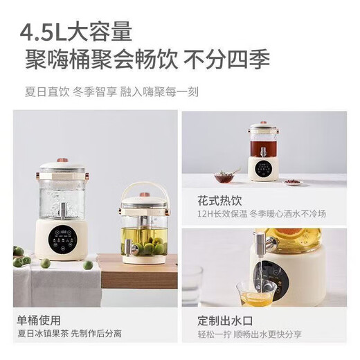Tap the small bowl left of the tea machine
point(225,177)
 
